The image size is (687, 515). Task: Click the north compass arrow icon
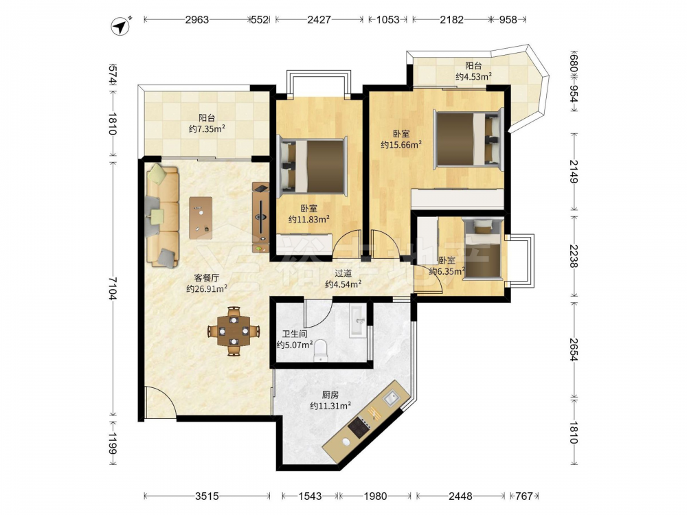tap(120, 26)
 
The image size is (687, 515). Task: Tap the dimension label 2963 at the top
tap(196, 20)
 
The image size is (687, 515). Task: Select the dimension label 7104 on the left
tap(113, 288)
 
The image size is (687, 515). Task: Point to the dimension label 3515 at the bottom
tap(207, 496)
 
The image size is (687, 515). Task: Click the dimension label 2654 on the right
tap(574, 349)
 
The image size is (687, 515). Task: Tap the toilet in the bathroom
tap(321, 351)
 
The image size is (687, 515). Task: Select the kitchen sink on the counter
tap(390, 398)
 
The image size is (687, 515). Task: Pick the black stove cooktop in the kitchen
tap(360, 426)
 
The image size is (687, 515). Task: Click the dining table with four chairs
tap(234, 331)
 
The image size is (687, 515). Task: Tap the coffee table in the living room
tap(201, 218)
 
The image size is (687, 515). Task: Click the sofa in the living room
tap(162, 216)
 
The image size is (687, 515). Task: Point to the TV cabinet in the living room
tap(260, 217)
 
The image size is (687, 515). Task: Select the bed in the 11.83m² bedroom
tap(313, 166)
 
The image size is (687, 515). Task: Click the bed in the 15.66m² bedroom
tap(468, 139)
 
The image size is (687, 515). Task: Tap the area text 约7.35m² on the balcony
tap(207, 129)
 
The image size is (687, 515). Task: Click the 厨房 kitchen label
tap(330, 395)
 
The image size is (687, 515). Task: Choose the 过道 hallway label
tap(343, 273)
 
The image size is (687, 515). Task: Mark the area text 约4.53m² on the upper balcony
tap(473, 77)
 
